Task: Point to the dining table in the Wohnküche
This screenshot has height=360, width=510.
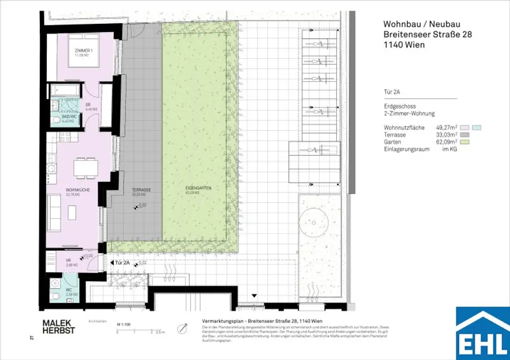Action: tap(86, 167)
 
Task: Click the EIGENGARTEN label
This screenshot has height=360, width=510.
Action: tap(194, 190)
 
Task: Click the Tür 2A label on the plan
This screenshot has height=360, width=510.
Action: tap(122, 262)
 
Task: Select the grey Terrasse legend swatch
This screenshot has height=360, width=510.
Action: tap(465, 134)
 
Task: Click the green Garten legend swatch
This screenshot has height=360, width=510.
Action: tap(465, 141)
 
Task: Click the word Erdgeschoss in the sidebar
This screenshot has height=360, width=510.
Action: tap(399, 107)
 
